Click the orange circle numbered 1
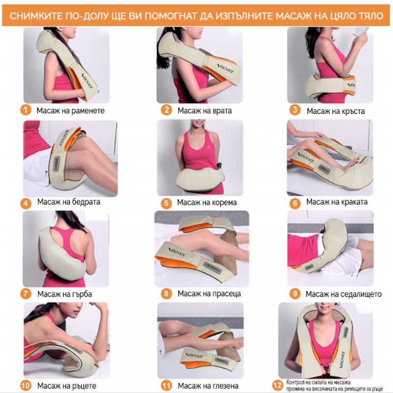tap(26, 110)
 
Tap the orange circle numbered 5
tap(167, 203)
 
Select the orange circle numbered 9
tap(295, 293)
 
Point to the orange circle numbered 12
tap(278, 385)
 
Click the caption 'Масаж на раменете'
tap(70, 111)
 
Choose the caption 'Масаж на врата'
tap(204, 111)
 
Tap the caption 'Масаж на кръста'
tap(336, 112)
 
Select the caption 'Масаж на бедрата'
tap(69, 202)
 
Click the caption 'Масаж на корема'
tap(207, 202)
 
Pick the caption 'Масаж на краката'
tap(337, 202)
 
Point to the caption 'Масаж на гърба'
tap(65, 294)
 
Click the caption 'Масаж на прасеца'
tap(209, 293)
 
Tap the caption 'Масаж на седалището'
tap(343, 294)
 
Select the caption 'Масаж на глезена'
tap(208, 386)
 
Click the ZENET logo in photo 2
tap(225, 69)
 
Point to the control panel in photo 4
tap(57, 164)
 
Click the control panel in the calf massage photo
tap(213, 267)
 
